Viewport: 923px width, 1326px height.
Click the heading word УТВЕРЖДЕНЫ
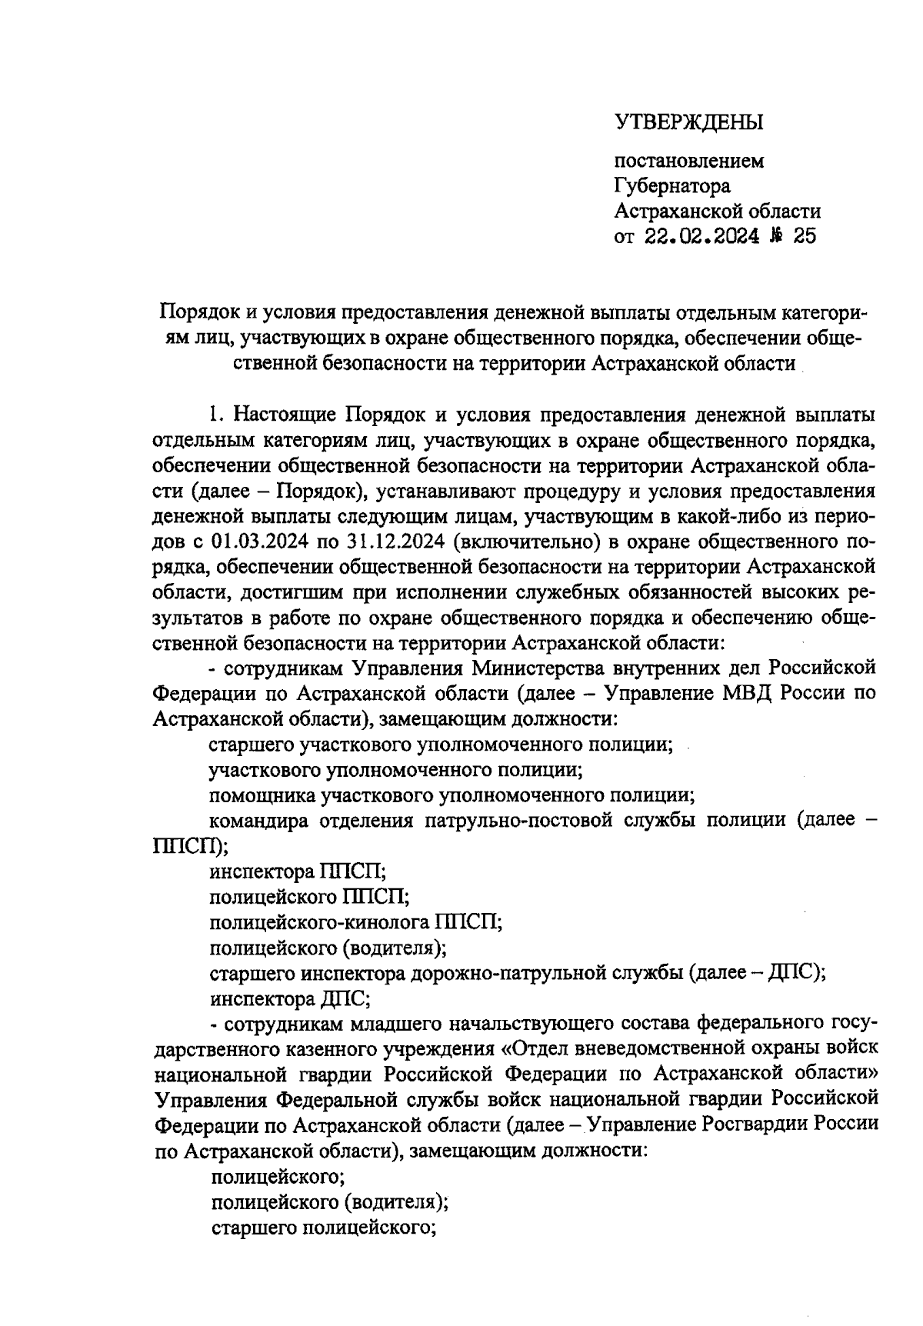pyautogui.click(x=688, y=122)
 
